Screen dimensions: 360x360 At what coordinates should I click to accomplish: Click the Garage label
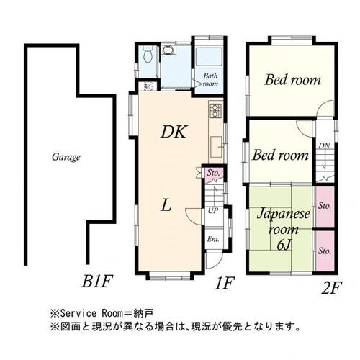coord(66,157)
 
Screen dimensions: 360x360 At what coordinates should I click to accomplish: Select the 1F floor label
coord(225,283)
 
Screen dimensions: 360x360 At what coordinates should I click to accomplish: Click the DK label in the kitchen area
coord(174,132)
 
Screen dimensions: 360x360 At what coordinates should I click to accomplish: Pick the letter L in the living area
coord(166,206)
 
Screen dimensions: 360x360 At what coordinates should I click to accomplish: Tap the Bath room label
coord(211,79)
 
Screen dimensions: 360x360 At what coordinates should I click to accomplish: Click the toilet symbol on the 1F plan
coord(147,54)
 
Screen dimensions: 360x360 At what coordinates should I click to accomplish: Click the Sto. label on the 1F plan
coord(213,173)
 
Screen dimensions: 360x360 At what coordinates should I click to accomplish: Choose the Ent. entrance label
coord(214,239)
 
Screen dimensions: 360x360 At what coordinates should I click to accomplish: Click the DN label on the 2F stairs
coord(325,145)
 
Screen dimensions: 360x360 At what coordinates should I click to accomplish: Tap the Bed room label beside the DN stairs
coord(279,155)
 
